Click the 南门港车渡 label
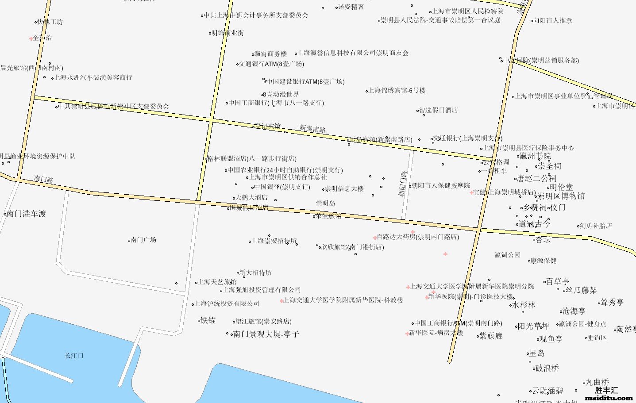(x=27, y=214)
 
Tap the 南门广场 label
(x=143, y=240)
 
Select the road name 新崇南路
(x=312, y=129)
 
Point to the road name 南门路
(x=43, y=179)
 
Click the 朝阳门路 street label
(x=402, y=184)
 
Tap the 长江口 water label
(x=74, y=356)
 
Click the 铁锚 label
(x=208, y=320)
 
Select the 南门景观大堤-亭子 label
(x=266, y=334)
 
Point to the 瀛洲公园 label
(x=508, y=255)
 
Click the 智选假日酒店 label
(x=438, y=110)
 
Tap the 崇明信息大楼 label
(x=344, y=189)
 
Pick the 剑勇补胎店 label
(x=596, y=226)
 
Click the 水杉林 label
(x=524, y=305)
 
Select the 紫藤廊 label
(x=491, y=336)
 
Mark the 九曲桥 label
(x=597, y=382)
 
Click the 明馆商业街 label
(x=227, y=33)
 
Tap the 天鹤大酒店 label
(x=251, y=197)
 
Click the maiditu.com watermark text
(x=609, y=398)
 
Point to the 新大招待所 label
(x=255, y=273)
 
